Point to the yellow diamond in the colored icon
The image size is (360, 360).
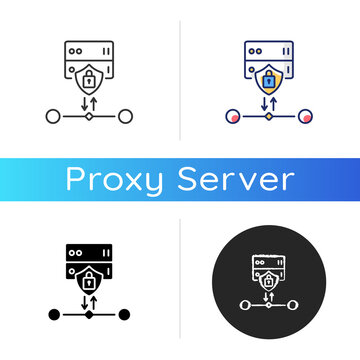(x=268, y=117)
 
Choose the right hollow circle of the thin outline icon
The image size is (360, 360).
(x=125, y=117)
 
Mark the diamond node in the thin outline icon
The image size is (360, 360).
(x=89, y=117)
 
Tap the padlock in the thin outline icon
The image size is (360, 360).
(x=89, y=77)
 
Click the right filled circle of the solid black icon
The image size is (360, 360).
(x=125, y=315)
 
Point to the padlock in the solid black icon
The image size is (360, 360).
(x=89, y=280)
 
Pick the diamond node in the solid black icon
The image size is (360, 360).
(x=89, y=315)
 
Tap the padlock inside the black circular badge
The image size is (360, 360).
(x=269, y=283)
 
